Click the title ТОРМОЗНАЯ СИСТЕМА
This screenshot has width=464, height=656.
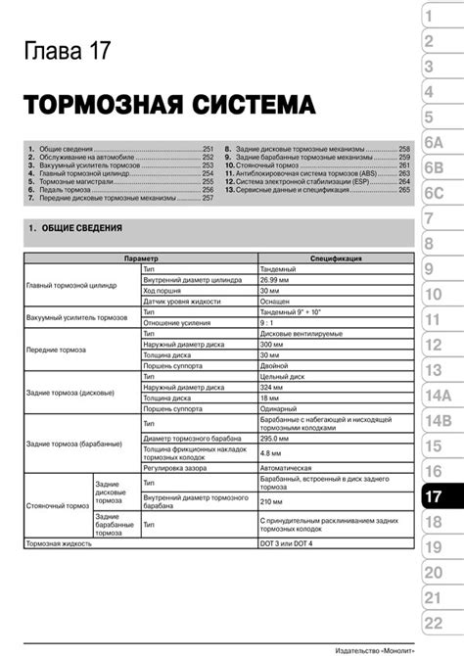click(x=168, y=104)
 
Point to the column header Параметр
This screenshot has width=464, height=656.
click(x=142, y=258)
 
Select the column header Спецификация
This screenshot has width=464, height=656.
click(x=336, y=258)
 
